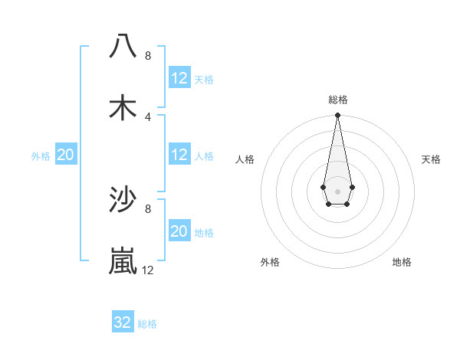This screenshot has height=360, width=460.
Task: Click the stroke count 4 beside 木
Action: (x=148, y=117)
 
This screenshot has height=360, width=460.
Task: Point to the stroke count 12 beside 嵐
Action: (x=148, y=270)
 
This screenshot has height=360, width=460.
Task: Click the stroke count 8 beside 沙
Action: (x=148, y=208)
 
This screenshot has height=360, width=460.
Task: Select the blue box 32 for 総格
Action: (x=123, y=322)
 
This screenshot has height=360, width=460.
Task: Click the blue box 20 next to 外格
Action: (x=65, y=155)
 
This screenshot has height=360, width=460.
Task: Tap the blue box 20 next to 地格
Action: (x=179, y=231)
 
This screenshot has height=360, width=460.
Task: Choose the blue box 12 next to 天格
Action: (x=179, y=78)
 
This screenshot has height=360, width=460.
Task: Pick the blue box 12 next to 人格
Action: (x=179, y=155)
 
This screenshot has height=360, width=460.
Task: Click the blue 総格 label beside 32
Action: (x=147, y=324)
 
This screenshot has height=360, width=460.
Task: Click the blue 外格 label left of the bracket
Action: (x=41, y=156)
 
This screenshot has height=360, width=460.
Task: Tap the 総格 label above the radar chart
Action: (x=338, y=100)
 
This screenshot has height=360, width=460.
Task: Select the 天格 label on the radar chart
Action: (x=432, y=159)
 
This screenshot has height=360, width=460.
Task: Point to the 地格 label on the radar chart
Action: (x=402, y=262)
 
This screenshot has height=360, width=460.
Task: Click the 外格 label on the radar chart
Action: (x=270, y=262)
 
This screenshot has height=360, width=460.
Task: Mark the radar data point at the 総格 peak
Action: (x=337, y=116)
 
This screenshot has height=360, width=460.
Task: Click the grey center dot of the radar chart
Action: (x=337, y=190)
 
